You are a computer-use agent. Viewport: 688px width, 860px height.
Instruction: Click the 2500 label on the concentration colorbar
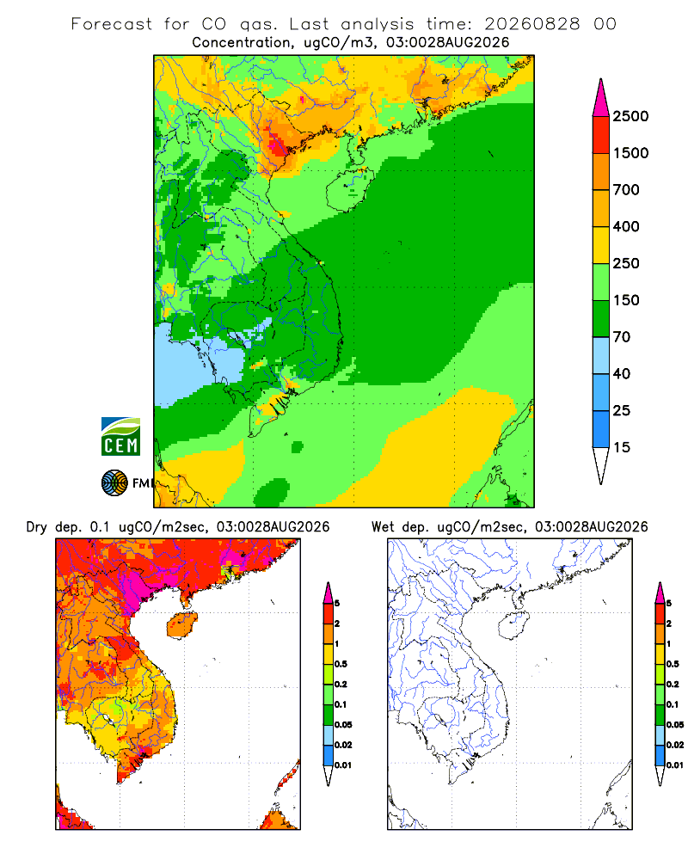[x=630, y=116]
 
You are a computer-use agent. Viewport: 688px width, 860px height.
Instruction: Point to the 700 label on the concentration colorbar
[x=626, y=190]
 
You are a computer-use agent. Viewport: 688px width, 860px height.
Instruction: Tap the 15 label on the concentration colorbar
[x=622, y=447]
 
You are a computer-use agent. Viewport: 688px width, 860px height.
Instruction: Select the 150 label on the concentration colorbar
[x=626, y=300]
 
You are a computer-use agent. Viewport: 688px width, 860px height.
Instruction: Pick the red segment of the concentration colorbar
[x=601, y=135]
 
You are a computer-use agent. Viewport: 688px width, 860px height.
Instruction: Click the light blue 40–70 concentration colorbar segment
[x=601, y=355]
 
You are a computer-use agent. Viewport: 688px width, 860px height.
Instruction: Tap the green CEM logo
[x=120, y=437]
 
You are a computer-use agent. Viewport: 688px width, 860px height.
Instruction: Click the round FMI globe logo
[x=114, y=483]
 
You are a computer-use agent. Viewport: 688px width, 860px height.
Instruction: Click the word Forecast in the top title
[x=112, y=24]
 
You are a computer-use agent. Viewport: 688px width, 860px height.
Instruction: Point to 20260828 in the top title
[x=531, y=24]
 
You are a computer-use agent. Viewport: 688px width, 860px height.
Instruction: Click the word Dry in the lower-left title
[x=37, y=527]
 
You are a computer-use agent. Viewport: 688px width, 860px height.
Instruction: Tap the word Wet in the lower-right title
[x=383, y=527]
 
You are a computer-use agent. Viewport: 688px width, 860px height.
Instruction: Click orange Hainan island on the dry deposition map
[x=182, y=624]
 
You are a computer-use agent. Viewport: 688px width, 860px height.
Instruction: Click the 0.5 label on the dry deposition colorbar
[x=341, y=664]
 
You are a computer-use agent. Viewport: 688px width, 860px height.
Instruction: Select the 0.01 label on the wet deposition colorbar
[x=675, y=765]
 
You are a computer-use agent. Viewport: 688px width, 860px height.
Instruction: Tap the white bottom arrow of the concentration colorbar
[x=601, y=464]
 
